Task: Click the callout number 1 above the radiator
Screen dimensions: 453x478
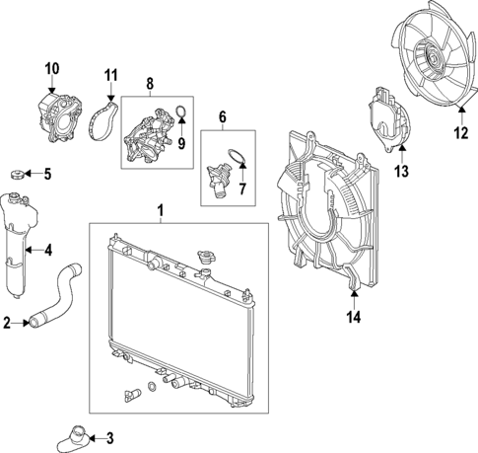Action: pyautogui.click(x=162, y=209)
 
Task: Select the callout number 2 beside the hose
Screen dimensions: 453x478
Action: pyautogui.click(x=8, y=322)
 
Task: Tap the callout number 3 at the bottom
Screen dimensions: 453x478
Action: pyautogui.click(x=109, y=438)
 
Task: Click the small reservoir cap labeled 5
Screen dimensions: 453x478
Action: pyautogui.click(x=15, y=176)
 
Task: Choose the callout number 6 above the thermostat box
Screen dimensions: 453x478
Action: pyautogui.click(x=223, y=115)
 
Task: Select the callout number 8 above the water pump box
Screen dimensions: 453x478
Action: pyautogui.click(x=151, y=84)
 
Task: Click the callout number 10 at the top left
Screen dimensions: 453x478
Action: pyautogui.click(x=52, y=67)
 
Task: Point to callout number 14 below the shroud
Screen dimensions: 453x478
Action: pyautogui.click(x=353, y=317)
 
